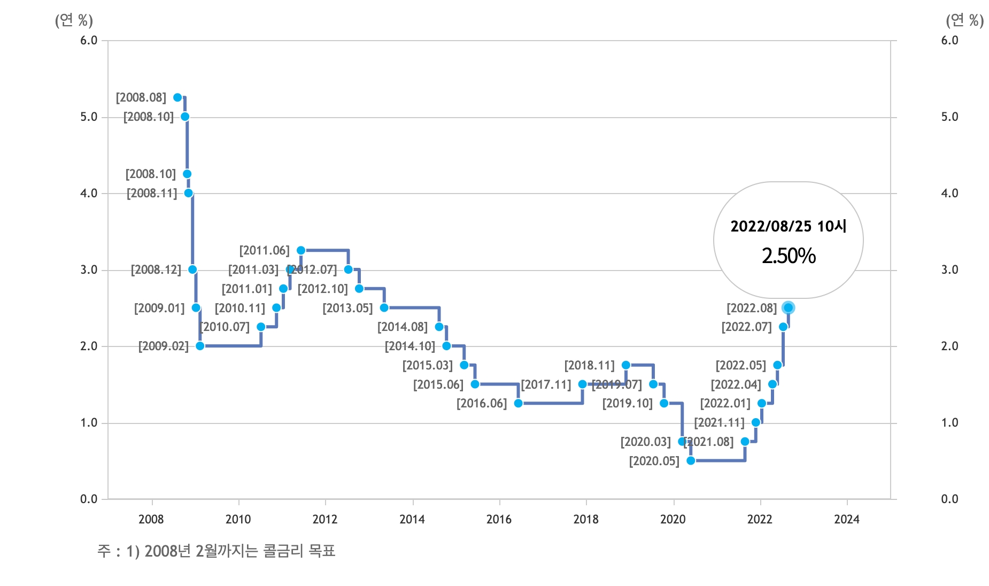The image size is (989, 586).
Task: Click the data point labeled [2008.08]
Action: click(177, 97)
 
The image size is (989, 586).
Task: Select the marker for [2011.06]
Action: click(301, 250)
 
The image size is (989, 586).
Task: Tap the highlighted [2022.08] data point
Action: click(788, 307)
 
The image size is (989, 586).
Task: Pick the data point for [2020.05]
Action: click(691, 460)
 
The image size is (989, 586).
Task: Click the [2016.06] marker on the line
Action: click(518, 403)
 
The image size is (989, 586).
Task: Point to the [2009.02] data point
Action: click(200, 346)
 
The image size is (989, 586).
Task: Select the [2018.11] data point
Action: click(626, 365)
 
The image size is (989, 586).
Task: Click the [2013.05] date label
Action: click(347, 308)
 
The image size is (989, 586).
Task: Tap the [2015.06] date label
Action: click(438, 384)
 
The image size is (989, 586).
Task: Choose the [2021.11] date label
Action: click(719, 422)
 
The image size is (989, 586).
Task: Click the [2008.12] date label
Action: click(156, 269)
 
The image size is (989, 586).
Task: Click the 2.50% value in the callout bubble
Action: click(789, 256)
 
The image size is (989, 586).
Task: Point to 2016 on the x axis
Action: click(499, 519)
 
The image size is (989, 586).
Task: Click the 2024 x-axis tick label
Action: click(847, 519)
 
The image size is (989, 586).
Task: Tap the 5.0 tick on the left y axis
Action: click(89, 117)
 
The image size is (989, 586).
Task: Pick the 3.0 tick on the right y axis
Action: click(949, 269)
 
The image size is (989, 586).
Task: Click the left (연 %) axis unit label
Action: click(74, 20)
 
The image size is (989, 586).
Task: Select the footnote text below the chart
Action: click(216, 551)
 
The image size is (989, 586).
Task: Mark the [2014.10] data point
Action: click(446, 346)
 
